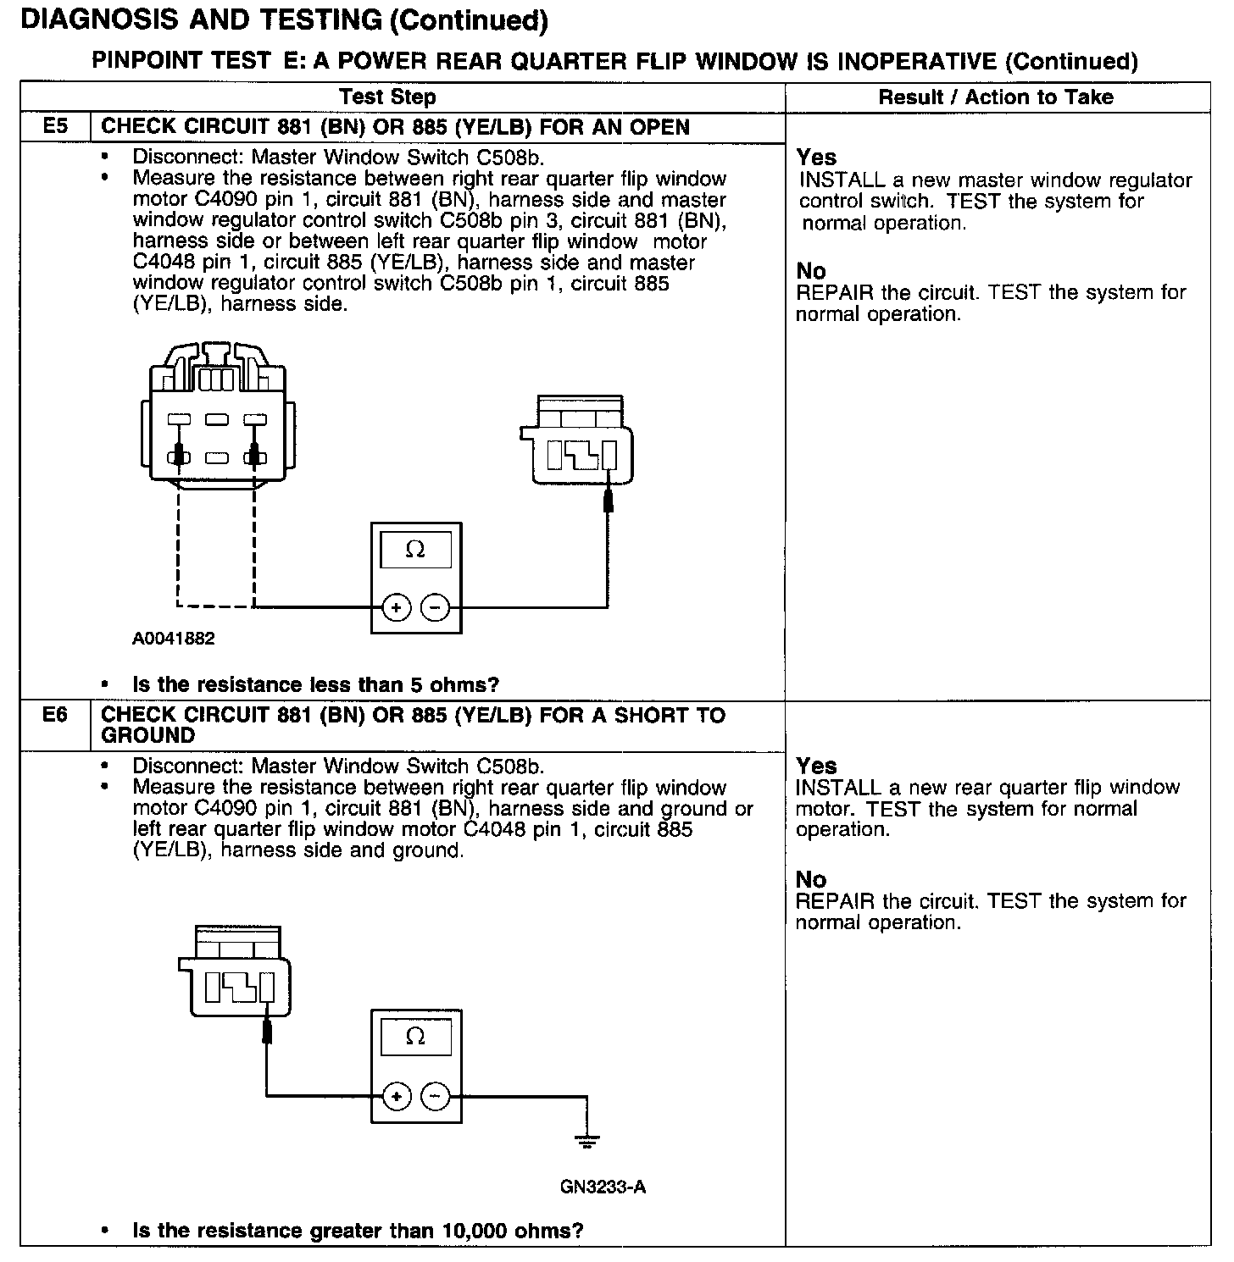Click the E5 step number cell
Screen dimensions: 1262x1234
pyautogui.click(x=55, y=127)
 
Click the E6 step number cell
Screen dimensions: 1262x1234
pyautogui.click(x=55, y=716)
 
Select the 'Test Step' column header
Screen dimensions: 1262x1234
pyautogui.click(x=387, y=97)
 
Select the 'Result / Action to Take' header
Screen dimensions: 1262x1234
pyautogui.click(x=996, y=97)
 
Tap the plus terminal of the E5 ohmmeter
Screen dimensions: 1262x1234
pyautogui.click(x=396, y=607)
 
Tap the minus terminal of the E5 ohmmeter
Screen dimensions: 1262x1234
pyautogui.click(x=436, y=607)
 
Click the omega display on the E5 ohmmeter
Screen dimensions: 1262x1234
pyautogui.click(x=415, y=550)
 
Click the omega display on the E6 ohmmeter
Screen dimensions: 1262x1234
pyautogui.click(x=415, y=1036)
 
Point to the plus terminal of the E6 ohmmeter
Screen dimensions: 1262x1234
pyautogui.click(x=396, y=1097)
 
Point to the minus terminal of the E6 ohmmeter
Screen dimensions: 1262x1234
pyautogui.click(x=436, y=1097)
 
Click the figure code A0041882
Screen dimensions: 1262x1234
pyautogui.click(x=173, y=639)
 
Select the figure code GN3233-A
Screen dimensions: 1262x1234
pyautogui.click(x=603, y=1187)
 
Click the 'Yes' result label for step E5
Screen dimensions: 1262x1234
pyautogui.click(x=816, y=158)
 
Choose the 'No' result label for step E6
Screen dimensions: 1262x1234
pyautogui.click(x=811, y=879)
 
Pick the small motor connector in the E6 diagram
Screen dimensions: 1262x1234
pyautogui.click(x=235, y=970)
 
